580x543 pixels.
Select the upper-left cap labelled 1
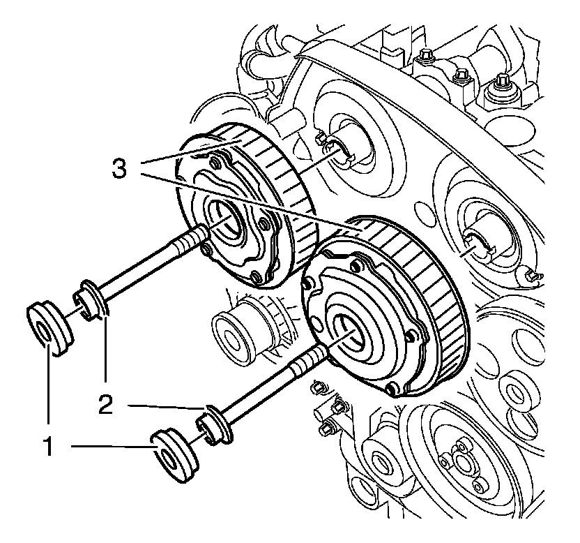tap(49, 325)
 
